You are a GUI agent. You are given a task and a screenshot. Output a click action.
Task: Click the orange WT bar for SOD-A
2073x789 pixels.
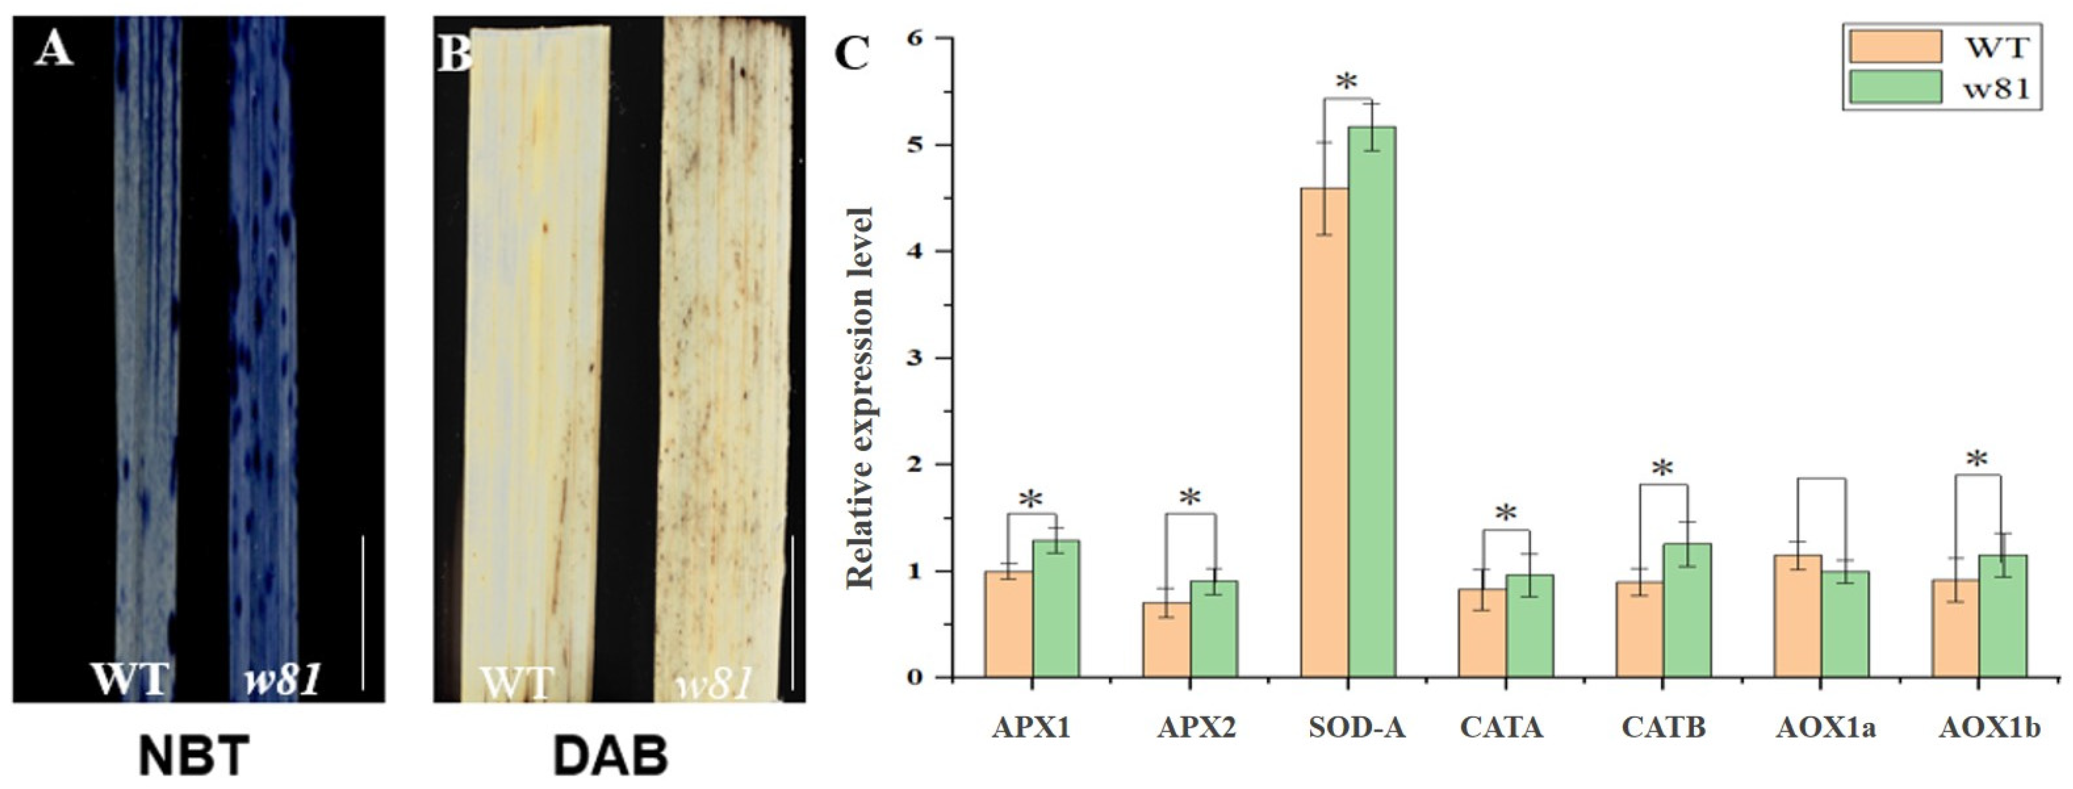pos(1324,435)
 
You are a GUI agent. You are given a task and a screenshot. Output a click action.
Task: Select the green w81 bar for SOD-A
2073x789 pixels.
pos(1372,403)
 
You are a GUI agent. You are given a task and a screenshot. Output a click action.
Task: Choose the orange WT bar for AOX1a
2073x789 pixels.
pos(1798,616)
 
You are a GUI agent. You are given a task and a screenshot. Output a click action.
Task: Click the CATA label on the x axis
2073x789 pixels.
pos(1501,728)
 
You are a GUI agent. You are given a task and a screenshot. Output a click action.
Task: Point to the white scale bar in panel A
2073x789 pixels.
pos(363,612)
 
